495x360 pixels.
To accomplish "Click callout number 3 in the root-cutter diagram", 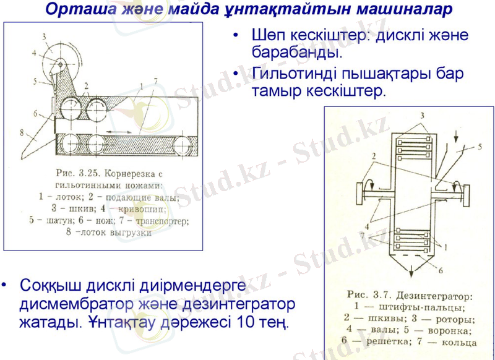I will (x=44, y=36).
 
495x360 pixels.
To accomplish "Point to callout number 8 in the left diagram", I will (x=21, y=132).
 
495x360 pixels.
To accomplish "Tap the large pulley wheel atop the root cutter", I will (x=62, y=59).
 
